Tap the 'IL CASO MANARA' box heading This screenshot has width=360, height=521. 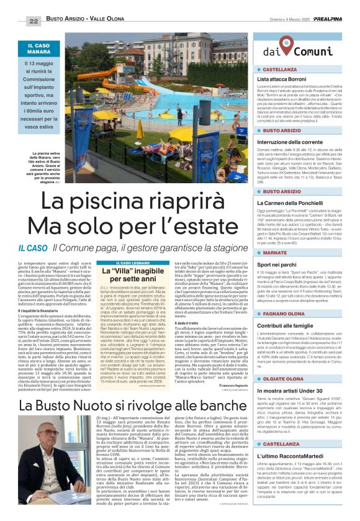(39, 48)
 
